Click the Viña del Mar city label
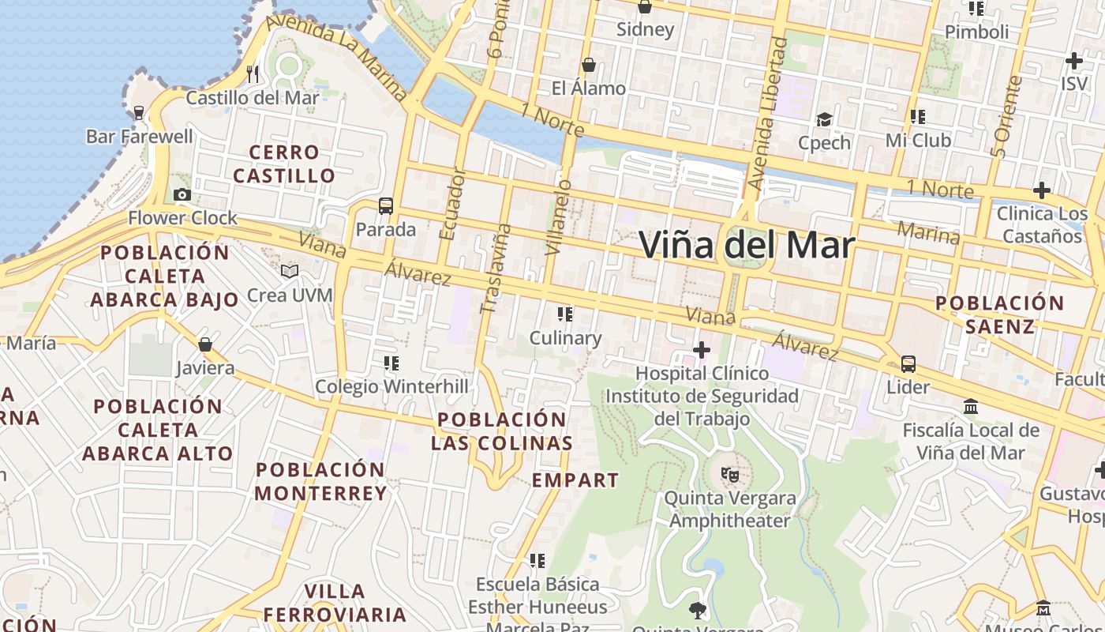746,245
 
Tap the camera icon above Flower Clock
182,195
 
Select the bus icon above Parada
385,206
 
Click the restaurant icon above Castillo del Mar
253,74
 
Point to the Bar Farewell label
139,137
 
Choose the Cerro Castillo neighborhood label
284,164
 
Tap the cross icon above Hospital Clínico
701,349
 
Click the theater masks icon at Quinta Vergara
730,475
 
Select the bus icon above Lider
908,364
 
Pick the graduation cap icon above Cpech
824,119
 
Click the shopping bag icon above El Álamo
588,65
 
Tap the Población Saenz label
999,314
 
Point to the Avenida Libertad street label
767,115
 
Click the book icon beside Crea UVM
290,272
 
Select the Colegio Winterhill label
391,387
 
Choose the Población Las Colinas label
501,431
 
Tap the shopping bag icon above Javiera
205,344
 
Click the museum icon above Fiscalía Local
971,407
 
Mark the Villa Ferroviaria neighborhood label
335,603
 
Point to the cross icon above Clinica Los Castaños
1042,190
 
